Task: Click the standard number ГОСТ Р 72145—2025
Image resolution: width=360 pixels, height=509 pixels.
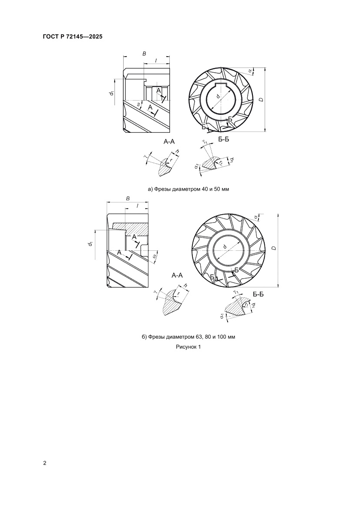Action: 72,37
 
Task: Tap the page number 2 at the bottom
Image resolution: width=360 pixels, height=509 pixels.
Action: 45,463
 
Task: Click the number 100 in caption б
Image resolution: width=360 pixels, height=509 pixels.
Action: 222,337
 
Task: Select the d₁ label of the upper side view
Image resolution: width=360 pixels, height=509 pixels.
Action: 111,93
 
